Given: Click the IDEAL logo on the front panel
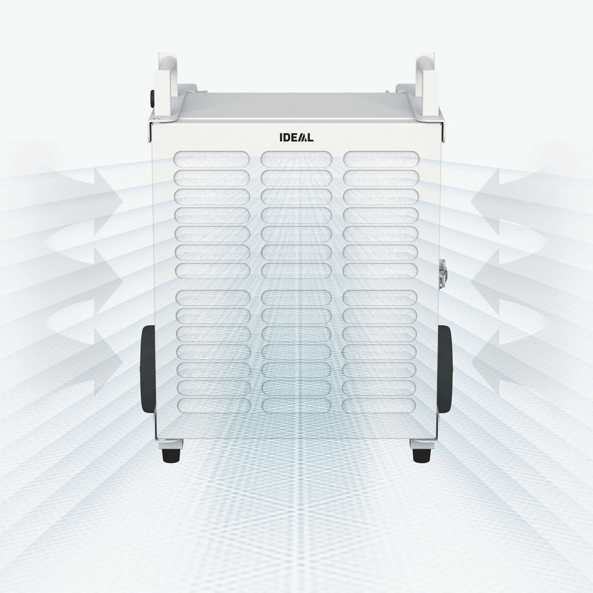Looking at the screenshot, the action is coord(296,137).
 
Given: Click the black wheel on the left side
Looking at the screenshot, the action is coord(148,369).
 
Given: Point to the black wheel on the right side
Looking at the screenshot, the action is coord(445,369).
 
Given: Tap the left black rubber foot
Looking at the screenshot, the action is coord(171,455).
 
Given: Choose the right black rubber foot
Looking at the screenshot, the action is coord(422,455).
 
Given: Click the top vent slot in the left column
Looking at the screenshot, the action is coord(212,159).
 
